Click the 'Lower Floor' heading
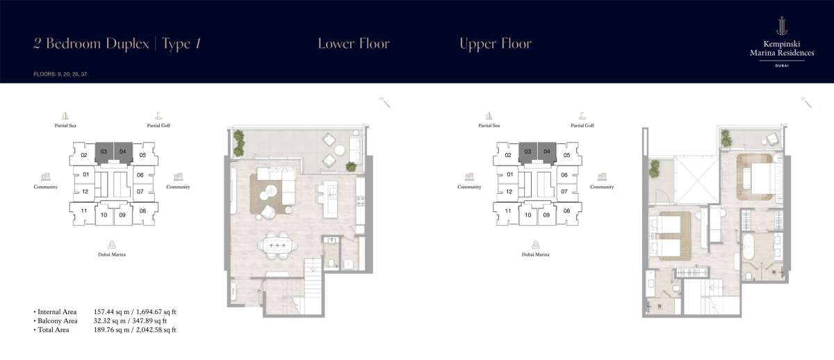pos(353,44)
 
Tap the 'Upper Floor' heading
pos(495,44)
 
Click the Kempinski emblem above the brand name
pos(781,26)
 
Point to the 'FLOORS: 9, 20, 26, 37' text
pos(60,74)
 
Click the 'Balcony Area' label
pos(57,321)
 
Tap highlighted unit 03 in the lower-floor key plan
pos(104,152)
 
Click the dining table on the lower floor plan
pos(277,246)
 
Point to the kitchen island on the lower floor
pos(330,199)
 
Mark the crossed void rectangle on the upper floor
pos(696,180)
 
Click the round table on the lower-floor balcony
pos(340,150)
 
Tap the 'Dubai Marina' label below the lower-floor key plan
pos(112,254)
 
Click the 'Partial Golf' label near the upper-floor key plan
pos(582,126)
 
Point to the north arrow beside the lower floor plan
pos(384,102)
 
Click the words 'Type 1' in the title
pos(181,44)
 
